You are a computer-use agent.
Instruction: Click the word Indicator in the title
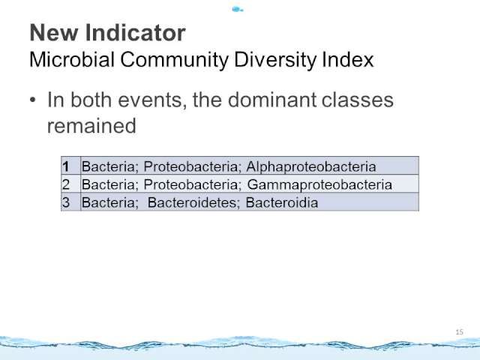click(x=135, y=32)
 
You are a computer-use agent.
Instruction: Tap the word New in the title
click(x=53, y=32)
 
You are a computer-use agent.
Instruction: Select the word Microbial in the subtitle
click(x=72, y=59)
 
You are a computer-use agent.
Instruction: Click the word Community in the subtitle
click(x=174, y=60)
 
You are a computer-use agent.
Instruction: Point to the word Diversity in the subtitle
click(x=274, y=60)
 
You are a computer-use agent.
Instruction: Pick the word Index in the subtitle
click(x=347, y=59)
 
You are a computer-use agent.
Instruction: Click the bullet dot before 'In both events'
click(x=33, y=100)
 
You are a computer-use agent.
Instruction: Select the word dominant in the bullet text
click(x=271, y=100)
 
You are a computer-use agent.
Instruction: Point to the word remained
click(x=91, y=126)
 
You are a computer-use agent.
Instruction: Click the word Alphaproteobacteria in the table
click(x=311, y=167)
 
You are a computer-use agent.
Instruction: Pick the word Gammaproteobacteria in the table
click(x=319, y=185)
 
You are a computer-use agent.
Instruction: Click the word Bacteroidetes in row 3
click(x=193, y=202)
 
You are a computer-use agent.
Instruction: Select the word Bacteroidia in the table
click(x=282, y=202)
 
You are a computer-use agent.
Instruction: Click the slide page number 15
click(x=460, y=331)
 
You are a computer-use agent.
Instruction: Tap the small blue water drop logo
click(x=237, y=10)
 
